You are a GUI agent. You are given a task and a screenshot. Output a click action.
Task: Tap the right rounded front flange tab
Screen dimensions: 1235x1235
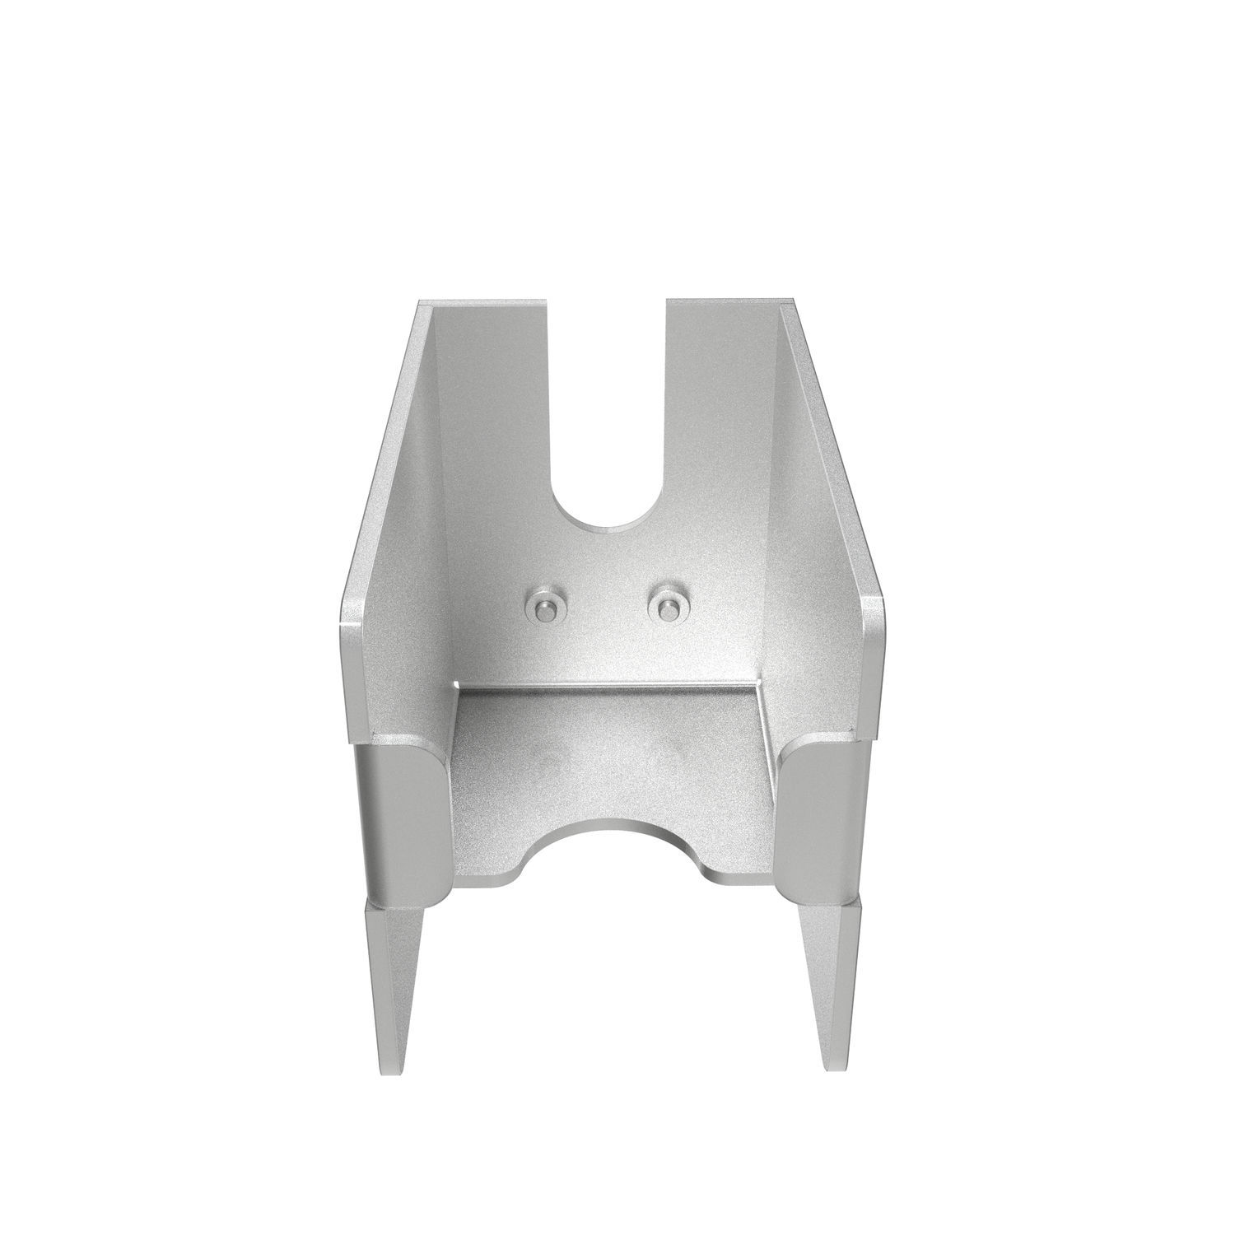click(819, 815)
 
